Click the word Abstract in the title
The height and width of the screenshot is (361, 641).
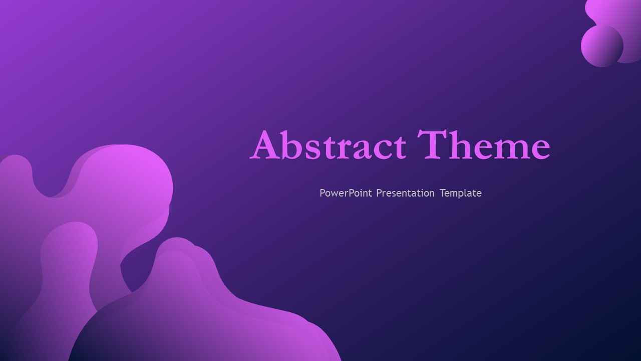click(x=328, y=145)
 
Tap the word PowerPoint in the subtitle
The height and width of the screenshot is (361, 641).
click(x=346, y=193)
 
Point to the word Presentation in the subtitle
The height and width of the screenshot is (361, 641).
click(x=405, y=193)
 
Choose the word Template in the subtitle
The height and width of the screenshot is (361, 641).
click(x=461, y=193)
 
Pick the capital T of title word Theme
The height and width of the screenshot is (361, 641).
click(x=432, y=144)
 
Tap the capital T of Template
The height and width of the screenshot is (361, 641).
click(x=443, y=193)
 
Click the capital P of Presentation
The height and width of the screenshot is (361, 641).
click(x=380, y=193)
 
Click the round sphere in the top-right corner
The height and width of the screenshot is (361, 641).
click(x=602, y=46)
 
